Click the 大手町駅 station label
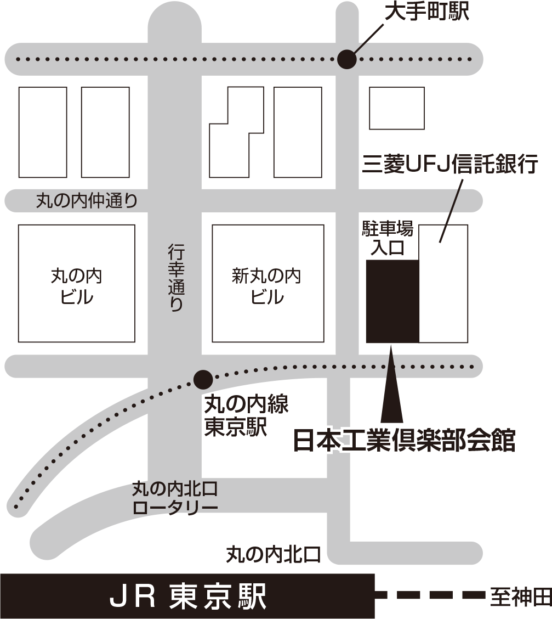pyautogui.click(x=426, y=12)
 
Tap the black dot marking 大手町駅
pyautogui.click(x=346, y=59)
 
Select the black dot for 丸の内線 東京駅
pyautogui.click(x=203, y=378)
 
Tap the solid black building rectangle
pyautogui.click(x=392, y=301)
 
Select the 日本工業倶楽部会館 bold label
pyautogui.click(x=405, y=441)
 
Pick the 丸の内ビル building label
pyautogui.click(x=76, y=286)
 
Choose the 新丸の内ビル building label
pyautogui.click(x=267, y=286)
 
